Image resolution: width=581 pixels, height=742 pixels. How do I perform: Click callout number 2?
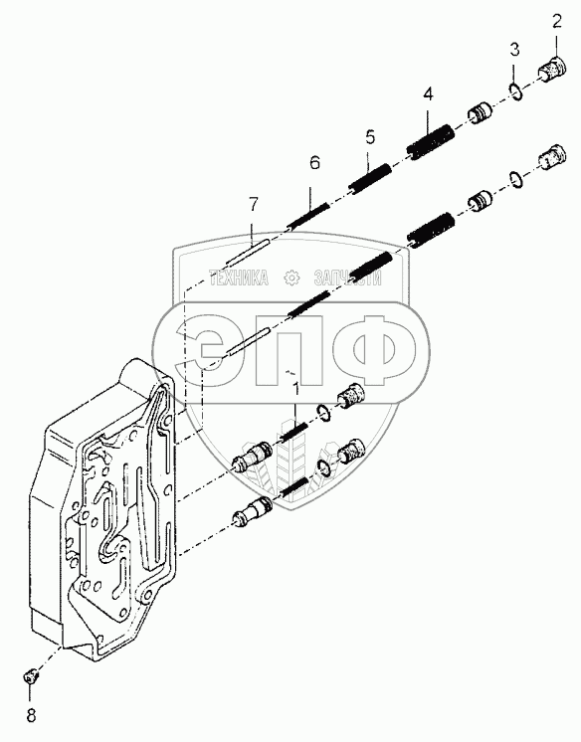556,22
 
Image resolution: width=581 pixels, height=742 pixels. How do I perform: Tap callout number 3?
514,49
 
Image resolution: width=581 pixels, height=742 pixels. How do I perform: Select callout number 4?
428,93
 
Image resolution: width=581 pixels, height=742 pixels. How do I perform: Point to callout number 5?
370,137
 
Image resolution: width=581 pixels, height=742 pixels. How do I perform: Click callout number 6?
315,163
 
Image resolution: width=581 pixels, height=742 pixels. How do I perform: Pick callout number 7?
254,205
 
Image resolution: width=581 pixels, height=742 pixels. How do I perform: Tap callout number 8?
31,715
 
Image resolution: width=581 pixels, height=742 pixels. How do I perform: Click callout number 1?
295,390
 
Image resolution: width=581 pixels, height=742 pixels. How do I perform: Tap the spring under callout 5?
370,177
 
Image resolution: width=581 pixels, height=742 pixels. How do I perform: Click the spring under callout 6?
307,214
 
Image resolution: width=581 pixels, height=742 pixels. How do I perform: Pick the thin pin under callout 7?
247,252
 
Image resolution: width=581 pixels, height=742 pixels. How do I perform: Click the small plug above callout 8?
31,677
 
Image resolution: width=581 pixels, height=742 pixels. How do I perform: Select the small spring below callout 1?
294,432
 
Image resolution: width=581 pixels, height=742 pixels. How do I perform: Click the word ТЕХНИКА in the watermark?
239,278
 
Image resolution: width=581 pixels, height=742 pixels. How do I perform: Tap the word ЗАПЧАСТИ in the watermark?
347,278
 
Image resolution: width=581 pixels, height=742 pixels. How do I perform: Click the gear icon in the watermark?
291,278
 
